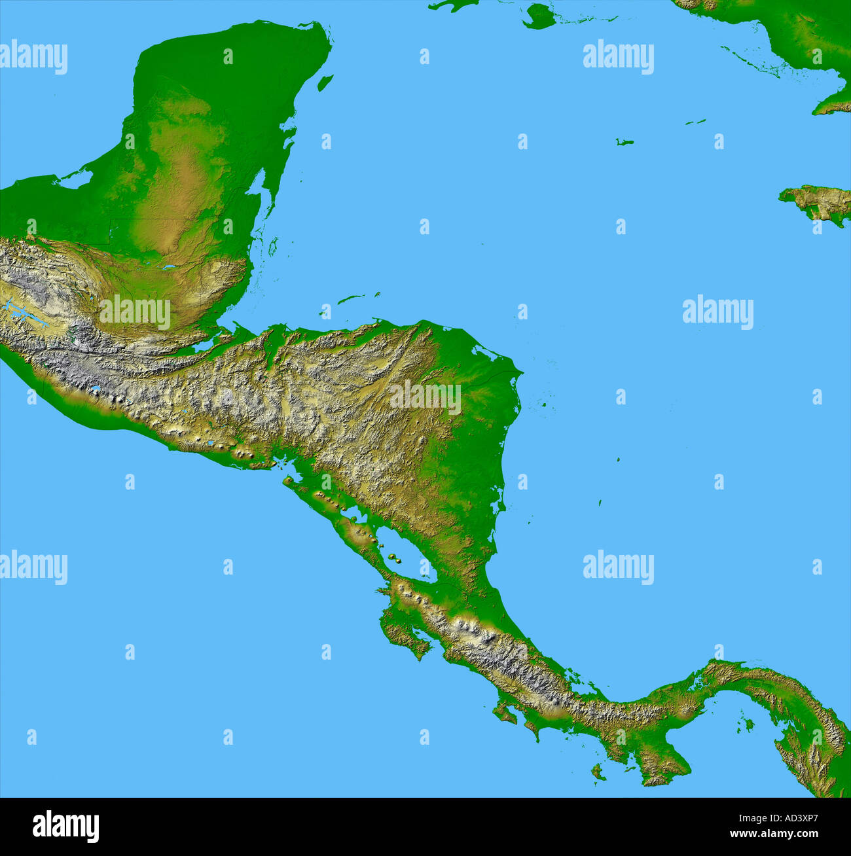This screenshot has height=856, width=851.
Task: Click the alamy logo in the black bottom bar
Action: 65,827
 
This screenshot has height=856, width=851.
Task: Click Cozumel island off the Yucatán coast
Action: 325,82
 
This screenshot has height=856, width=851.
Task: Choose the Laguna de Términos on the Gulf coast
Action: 75,179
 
